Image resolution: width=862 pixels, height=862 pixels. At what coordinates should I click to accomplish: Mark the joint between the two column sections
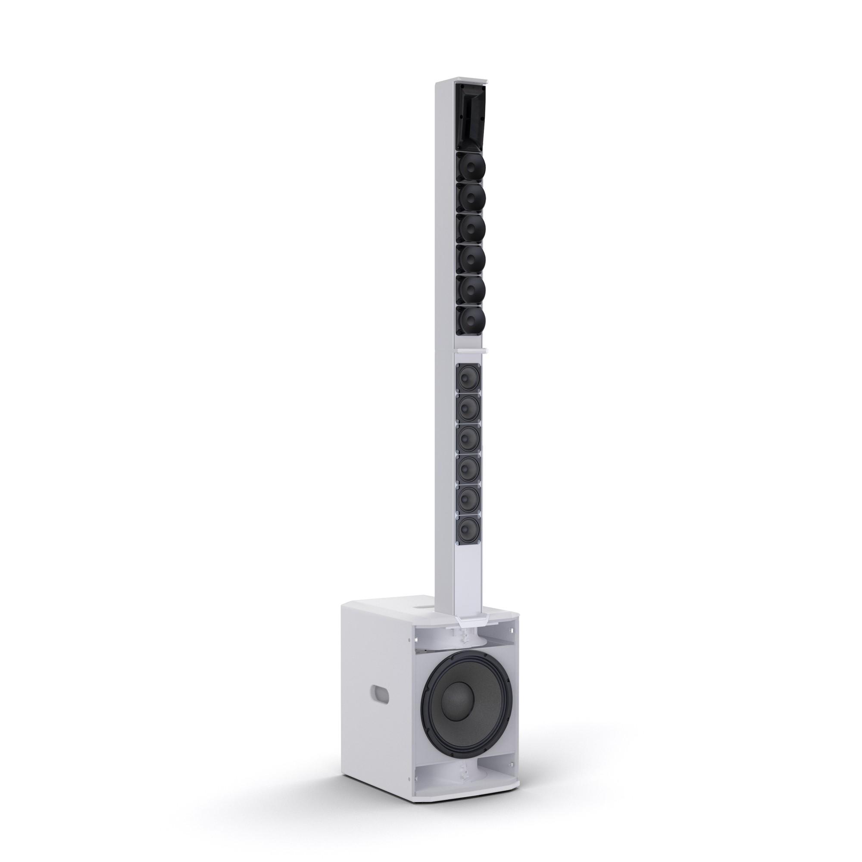(468, 350)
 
